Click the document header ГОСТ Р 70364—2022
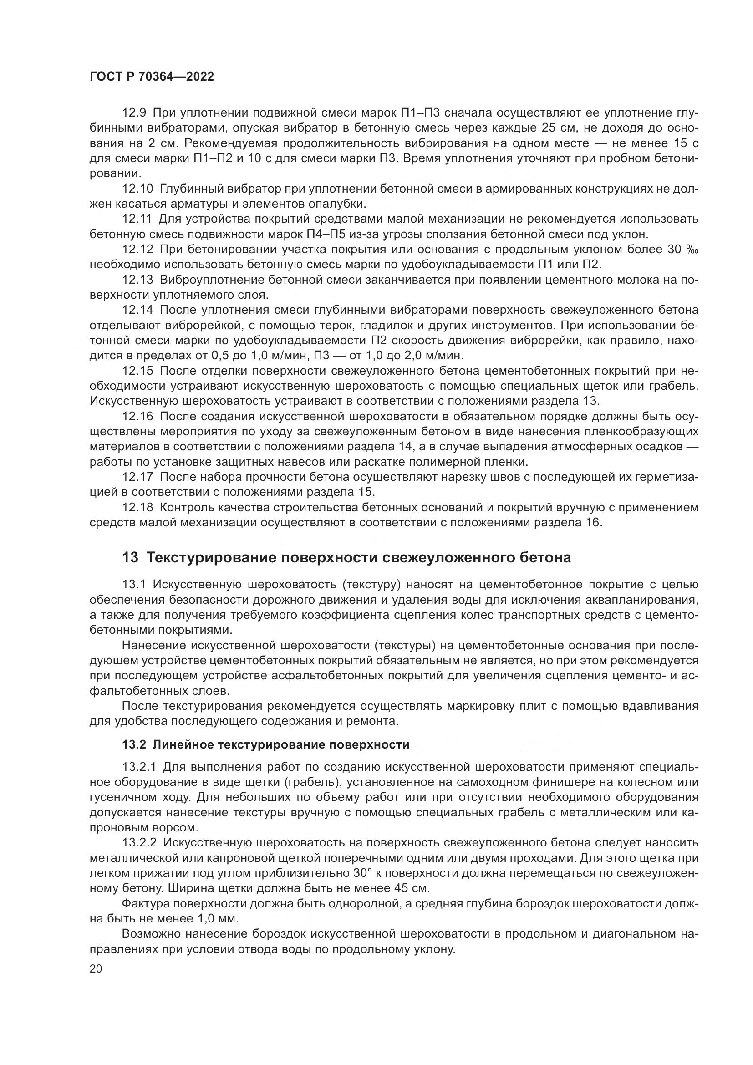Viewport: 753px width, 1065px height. [x=152, y=77]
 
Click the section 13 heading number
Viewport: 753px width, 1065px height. [x=130, y=558]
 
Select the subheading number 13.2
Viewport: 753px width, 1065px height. [x=134, y=745]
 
